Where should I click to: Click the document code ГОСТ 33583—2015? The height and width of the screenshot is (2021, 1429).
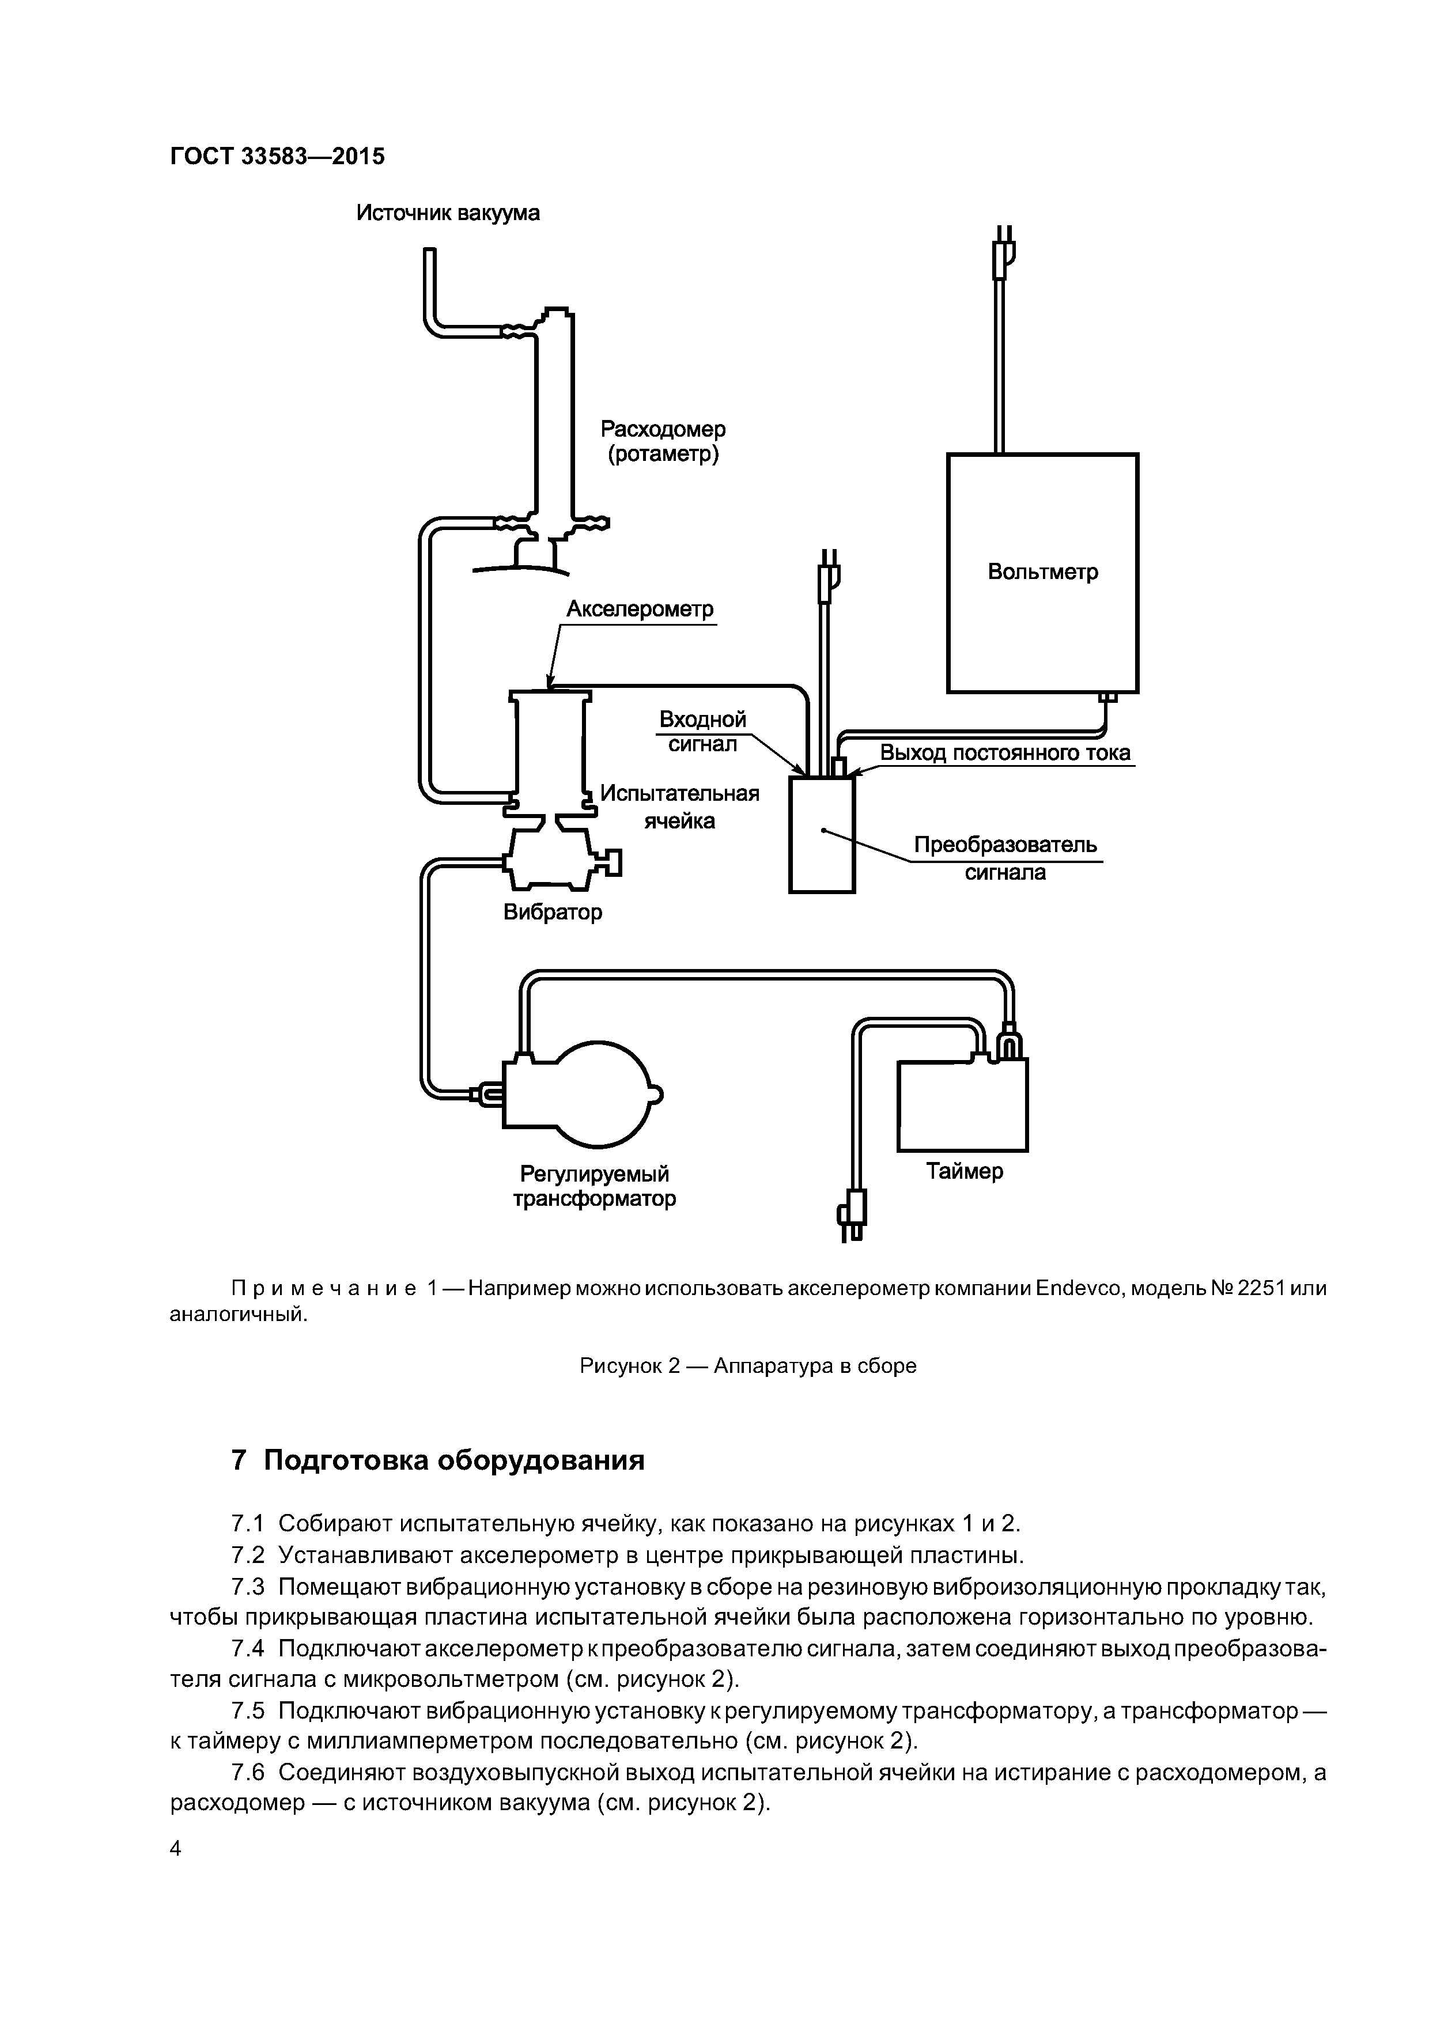277,157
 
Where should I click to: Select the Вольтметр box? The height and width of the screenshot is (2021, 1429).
1042,573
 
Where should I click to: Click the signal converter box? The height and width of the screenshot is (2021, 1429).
822,834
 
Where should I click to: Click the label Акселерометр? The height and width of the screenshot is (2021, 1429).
640,609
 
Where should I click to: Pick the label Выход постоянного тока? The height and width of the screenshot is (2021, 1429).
1004,754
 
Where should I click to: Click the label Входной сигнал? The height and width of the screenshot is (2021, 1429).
702,732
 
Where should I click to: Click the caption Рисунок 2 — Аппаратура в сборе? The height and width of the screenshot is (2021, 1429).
747,1366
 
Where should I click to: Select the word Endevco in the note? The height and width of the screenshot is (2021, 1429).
1079,1289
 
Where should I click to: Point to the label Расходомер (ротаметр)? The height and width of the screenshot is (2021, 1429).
663,442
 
